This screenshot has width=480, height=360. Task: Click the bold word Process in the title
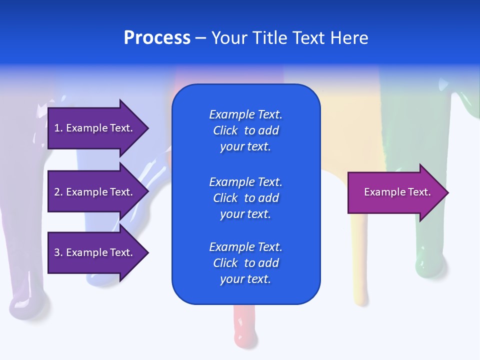[157, 38]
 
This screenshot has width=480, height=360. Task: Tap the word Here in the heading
[349, 38]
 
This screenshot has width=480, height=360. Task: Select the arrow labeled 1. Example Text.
[95, 128]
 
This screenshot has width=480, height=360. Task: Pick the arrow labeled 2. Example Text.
[95, 192]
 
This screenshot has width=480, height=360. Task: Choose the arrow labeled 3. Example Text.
[95, 252]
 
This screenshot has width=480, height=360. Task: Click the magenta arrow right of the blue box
[395, 192]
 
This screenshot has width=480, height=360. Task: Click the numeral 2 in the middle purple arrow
[57, 192]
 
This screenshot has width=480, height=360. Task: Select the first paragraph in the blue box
[245, 130]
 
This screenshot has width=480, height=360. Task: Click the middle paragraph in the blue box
[245, 198]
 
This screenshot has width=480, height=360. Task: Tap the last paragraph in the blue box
[245, 263]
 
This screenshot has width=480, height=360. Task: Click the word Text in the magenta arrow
[419, 192]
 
